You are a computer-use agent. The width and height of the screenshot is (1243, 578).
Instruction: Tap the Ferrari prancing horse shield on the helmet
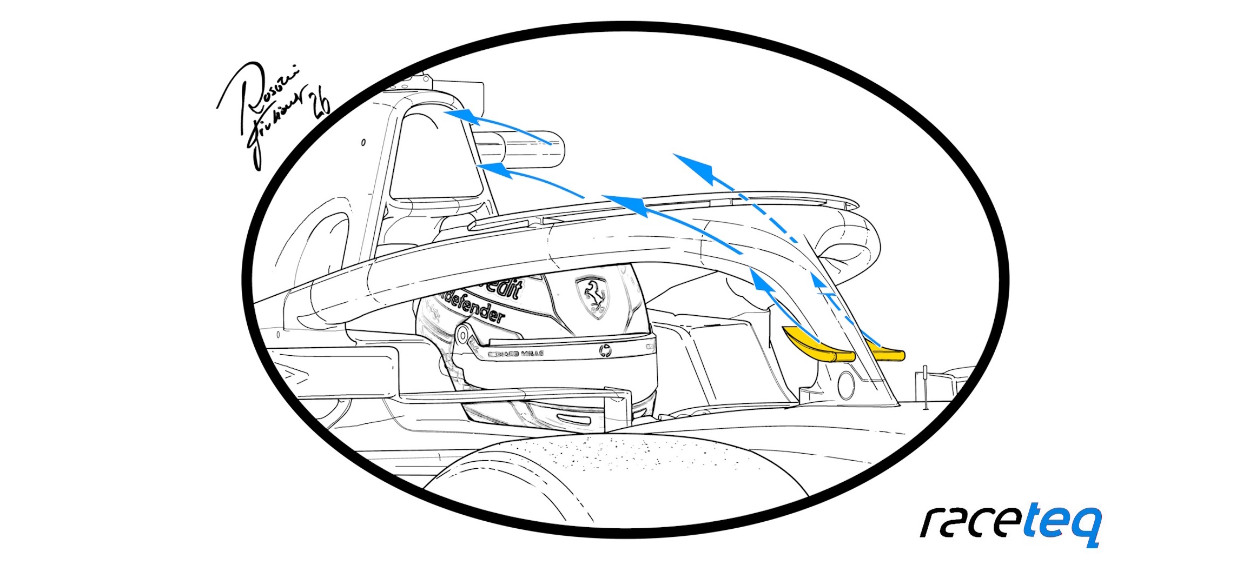[593, 296]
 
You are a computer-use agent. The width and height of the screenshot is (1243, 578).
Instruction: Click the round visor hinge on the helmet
[462, 335]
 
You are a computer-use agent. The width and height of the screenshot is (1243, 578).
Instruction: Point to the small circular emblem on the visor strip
[605, 351]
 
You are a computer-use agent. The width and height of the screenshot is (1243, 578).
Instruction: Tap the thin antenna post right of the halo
[924, 387]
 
